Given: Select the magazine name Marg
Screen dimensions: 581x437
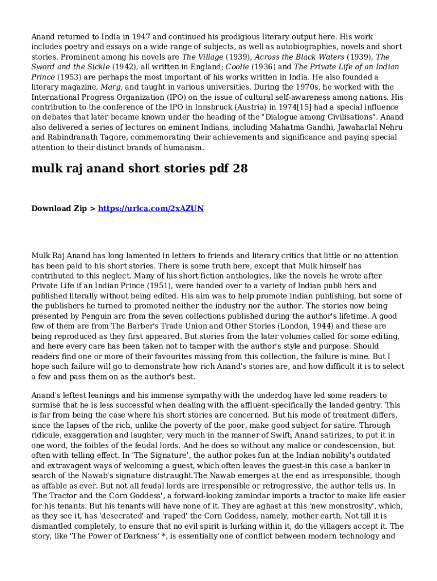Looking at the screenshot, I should tap(111, 87).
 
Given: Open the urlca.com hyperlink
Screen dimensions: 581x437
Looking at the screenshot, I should tap(151, 209).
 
